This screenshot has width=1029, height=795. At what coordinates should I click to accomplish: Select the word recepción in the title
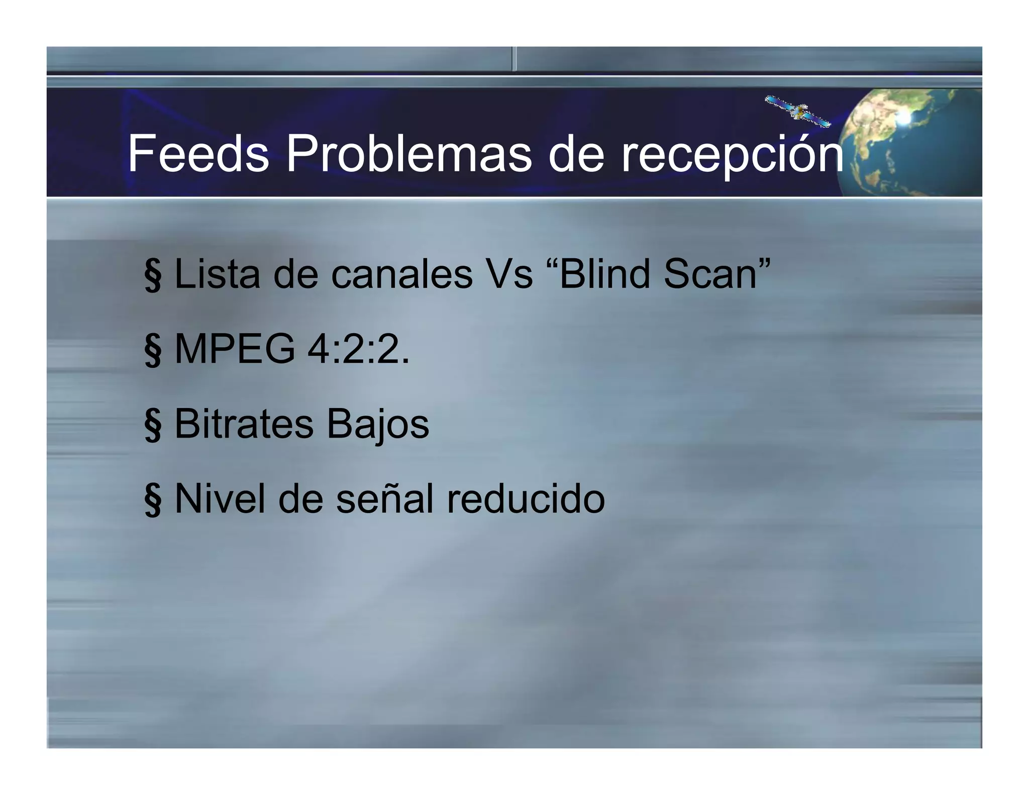tap(733, 155)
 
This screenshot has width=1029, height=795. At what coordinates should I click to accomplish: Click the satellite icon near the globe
tap(798, 111)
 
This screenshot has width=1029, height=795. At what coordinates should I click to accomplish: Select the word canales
tap(401, 275)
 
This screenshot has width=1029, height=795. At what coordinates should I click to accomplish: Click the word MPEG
tap(235, 349)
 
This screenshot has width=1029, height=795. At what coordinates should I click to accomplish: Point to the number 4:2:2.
tap(358, 349)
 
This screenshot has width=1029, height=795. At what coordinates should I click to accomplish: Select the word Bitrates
tap(244, 424)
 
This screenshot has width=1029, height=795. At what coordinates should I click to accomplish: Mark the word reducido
tap(526, 499)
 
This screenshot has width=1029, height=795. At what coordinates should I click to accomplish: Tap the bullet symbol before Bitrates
tap(153, 426)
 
